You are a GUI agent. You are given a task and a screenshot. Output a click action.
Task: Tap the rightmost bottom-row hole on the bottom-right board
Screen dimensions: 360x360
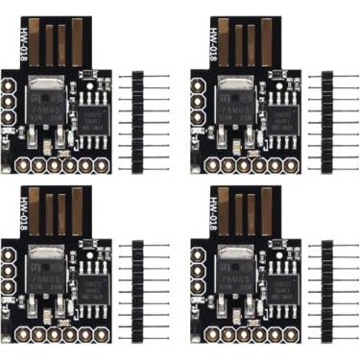tap(289, 334)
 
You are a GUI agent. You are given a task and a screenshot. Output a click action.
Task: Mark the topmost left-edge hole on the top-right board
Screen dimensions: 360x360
tap(198, 85)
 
